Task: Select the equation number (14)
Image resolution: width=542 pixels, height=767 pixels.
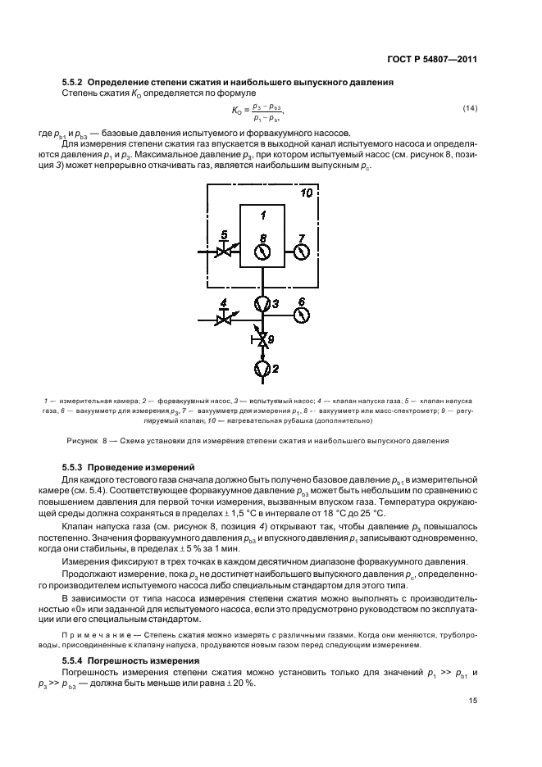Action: tap(471, 109)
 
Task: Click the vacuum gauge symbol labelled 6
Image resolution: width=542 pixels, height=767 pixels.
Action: tap(301, 315)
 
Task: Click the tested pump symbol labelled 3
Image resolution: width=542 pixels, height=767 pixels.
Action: tap(262, 304)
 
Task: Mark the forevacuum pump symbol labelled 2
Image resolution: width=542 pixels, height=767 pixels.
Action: tap(262, 370)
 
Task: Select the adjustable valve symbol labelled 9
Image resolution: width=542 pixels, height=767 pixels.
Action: tap(262, 338)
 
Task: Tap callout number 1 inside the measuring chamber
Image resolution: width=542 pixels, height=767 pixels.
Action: tap(262, 216)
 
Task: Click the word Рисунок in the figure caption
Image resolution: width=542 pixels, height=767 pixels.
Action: tap(80, 440)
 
